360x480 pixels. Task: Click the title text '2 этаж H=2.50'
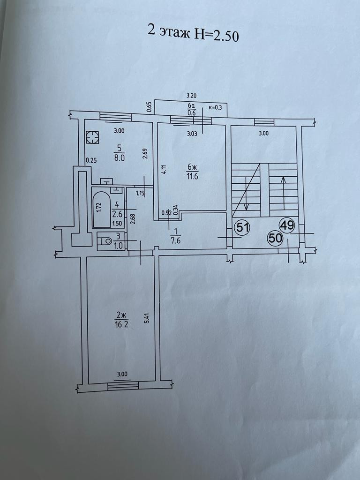[193, 33]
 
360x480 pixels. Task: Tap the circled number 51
[242, 228]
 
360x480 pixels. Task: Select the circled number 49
[287, 225]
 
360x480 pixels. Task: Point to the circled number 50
[276, 238]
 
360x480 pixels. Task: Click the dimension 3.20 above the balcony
[191, 95]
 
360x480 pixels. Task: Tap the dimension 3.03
[191, 133]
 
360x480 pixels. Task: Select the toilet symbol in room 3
[105, 241]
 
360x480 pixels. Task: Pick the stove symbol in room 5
[93, 137]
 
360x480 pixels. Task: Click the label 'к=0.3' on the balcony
[215, 107]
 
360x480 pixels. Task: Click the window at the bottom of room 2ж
[123, 385]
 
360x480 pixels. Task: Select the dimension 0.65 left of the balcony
[149, 107]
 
